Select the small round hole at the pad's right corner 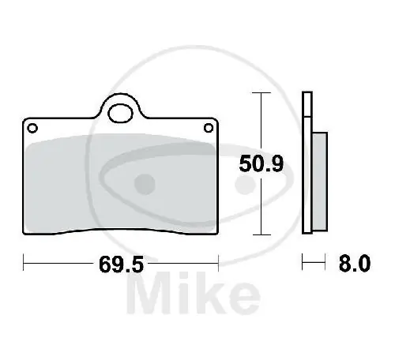(x=208, y=127)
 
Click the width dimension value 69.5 (x=121, y=265)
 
